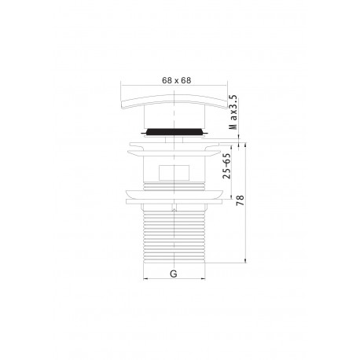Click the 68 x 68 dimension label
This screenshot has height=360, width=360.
[177, 80]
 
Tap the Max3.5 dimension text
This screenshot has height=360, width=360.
[233, 112]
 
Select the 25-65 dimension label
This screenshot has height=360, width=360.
[227, 166]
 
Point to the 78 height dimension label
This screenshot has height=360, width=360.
[240, 200]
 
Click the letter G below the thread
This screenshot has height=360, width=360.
[174, 274]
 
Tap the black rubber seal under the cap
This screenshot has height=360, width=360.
[174, 131]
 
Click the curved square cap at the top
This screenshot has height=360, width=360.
[174, 101]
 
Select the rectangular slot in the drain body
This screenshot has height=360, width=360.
[174, 173]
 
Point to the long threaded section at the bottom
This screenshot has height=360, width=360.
[174, 236]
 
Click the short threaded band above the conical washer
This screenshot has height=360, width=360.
[174, 186]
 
